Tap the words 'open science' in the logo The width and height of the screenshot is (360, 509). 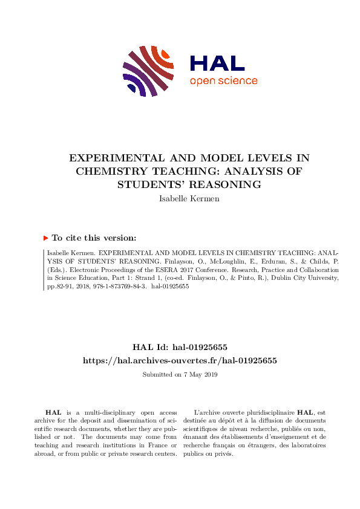[223, 81]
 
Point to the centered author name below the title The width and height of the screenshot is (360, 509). [179, 198]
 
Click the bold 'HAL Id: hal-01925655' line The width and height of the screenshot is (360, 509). [180, 347]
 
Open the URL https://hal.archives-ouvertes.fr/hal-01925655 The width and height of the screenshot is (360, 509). [180, 360]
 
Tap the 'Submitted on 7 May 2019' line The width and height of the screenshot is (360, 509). [180, 375]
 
